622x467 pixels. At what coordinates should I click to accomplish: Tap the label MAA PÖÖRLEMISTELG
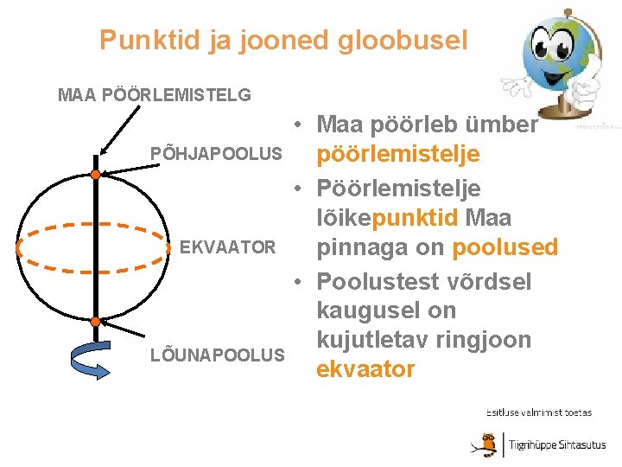(x=155, y=94)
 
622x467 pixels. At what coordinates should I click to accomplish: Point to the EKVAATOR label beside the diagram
(x=228, y=248)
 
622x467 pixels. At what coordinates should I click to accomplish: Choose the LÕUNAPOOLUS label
(x=217, y=355)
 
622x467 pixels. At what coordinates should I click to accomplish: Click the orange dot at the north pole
(x=95, y=176)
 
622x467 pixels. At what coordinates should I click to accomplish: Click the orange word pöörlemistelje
(x=399, y=156)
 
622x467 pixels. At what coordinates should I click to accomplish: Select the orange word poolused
(x=505, y=248)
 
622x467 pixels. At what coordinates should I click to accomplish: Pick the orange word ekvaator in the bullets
(x=366, y=369)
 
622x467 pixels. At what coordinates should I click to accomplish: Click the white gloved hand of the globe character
(x=517, y=87)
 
